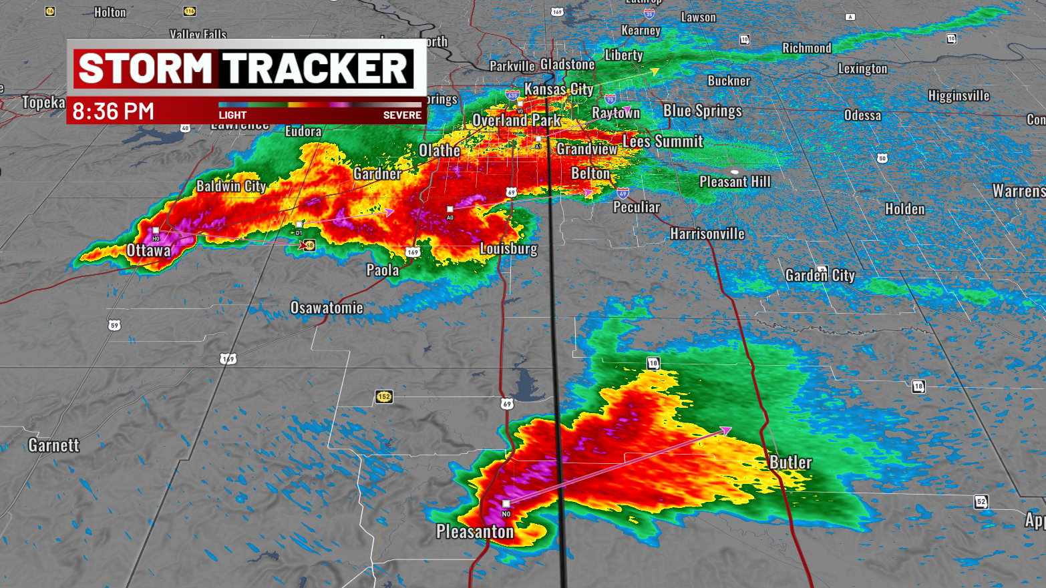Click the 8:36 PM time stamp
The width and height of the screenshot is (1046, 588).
coord(113,111)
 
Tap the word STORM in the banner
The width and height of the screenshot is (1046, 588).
coord(145,69)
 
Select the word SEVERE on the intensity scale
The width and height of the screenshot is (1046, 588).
coord(402,115)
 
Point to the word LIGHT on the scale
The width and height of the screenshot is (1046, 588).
coord(232,115)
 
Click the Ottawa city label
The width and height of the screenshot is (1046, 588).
coord(148,250)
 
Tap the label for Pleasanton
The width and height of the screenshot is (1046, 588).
coord(475,532)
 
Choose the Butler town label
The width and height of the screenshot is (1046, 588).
coord(790,463)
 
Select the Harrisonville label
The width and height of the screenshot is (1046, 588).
coord(707,234)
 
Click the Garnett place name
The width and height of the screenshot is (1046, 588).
coord(53,445)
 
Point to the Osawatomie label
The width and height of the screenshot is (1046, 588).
coord(327,308)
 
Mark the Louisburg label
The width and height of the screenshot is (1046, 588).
coord(508,249)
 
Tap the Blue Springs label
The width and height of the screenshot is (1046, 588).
coord(702,111)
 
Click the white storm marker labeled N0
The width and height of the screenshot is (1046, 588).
coord(506,504)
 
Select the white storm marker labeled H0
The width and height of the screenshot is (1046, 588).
coord(156,231)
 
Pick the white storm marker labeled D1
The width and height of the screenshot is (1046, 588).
coord(299,225)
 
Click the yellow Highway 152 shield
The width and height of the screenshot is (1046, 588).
coord(383,397)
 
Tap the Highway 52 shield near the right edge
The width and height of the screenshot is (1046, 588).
coord(981,502)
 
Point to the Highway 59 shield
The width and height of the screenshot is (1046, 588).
coord(114,326)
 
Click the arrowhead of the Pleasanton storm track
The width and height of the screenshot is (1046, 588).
coord(727,430)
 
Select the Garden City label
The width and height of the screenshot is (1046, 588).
coord(820,275)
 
